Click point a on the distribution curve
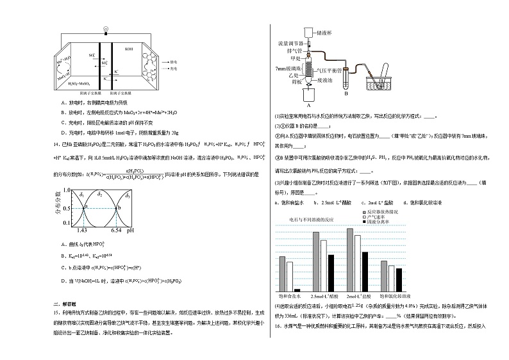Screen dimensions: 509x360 (83, 207)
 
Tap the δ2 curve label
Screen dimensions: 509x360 (99, 193)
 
